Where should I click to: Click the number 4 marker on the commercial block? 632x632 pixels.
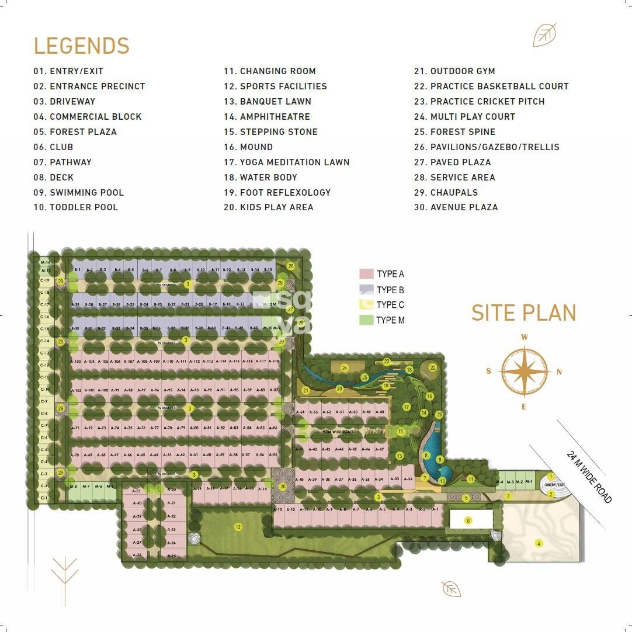pyautogui.click(x=539, y=543)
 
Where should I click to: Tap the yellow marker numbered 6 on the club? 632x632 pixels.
pyautogui.click(x=467, y=520)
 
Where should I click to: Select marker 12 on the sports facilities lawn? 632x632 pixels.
pyautogui.click(x=238, y=527)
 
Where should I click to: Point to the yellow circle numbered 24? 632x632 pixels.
pyautogui.click(x=345, y=368)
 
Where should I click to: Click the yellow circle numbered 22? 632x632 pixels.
pyautogui.click(x=433, y=367)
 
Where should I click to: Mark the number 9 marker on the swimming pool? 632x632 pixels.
pyautogui.click(x=440, y=460)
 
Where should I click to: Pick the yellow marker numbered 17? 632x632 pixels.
pyautogui.click(x=407, y=407)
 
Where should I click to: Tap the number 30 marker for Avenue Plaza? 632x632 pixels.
pyautogui.click(x=283, y=486)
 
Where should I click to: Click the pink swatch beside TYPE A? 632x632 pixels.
pyautogui.click(x=366, y=274)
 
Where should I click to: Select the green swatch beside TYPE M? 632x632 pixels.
pyautogui.click(x=366, y=320)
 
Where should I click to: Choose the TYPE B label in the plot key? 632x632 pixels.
pyautogui.click(x=390, y=290)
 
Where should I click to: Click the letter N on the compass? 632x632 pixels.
pyautogui.click(x=559, y=371)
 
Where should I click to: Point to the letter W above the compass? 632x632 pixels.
pyautogui.click(x=525, y=337)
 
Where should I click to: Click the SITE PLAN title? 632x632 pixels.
pyautogui.click(x=524, y=312)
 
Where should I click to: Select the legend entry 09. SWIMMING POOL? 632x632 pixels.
pyautogui.click(x=79, y=192)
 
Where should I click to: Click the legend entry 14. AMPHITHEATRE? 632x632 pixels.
pyautogui.click(x=267, y=116)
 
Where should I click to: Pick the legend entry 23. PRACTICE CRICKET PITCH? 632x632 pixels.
pyautogui.click(x=480, y=101)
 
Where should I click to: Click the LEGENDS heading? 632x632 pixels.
pyautogui.click(x=81, y=46)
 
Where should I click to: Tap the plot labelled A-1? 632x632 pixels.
pyautogui.click(x=435, y=509)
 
